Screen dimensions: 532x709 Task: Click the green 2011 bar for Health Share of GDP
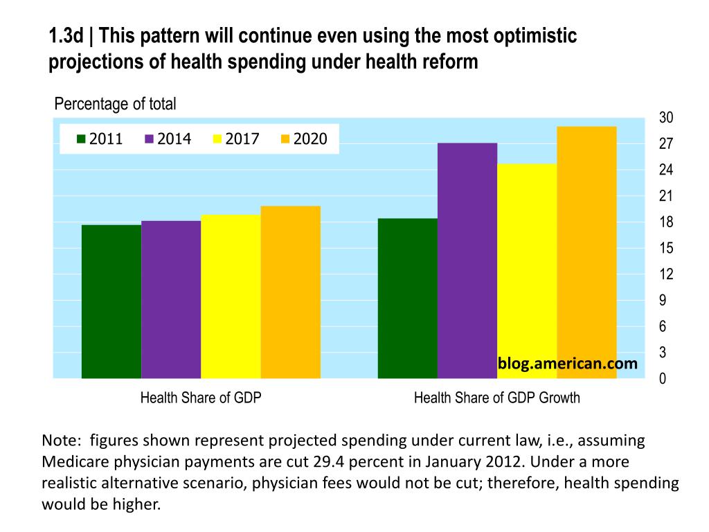tap(111, 301)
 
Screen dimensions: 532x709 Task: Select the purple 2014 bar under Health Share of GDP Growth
tap(467, 260)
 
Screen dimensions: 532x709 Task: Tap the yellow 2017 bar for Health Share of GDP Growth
tap(527, 271)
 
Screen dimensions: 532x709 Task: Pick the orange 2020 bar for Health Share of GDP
tap(291, 292)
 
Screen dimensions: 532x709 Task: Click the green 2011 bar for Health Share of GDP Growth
tap(408, 298)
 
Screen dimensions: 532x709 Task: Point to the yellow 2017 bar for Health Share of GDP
tap(231, 296)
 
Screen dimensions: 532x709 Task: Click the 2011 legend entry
tap(100, 139)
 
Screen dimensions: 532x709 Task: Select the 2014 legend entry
tap(168, 139)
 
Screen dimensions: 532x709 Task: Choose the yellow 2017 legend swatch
tap(217, 139)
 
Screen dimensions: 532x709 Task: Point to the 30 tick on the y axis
tap(665, 118)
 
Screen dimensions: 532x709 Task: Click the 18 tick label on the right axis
tap(665, 222)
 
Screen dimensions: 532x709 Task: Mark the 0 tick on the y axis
tap(663, 380)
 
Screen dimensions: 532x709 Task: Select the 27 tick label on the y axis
tap(665, 144)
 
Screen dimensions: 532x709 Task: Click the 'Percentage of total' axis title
tap(115, 104)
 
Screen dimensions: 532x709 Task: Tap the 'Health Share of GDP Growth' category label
tap(496, 398)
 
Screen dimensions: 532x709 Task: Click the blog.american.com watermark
tap(567, 363)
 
